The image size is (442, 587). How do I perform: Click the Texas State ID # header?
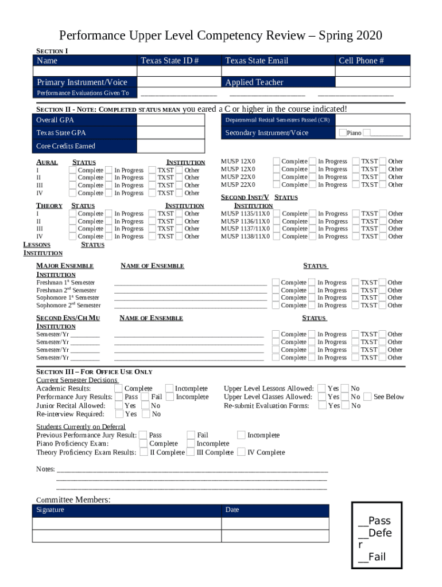pos(169,61)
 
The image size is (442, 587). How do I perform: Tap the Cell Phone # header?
pos(361,61)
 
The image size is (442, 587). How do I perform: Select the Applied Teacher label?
pos(254,83)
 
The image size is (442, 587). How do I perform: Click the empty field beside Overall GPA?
pos(179,120)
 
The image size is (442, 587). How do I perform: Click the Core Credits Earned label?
pos(66,146)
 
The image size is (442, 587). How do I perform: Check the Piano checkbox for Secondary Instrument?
pos(343,133)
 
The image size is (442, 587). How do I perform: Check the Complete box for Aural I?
pos(72,170)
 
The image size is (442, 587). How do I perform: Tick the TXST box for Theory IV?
pos(153,236)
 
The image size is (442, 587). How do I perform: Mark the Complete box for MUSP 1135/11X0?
pos(276,214)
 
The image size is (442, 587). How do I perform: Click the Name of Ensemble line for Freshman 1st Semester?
pos(190,283)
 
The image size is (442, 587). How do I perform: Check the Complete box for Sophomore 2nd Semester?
pos(276,306)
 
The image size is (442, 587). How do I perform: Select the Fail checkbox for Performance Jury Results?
pos(146,397)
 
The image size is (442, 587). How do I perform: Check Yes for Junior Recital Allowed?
pos(119,405)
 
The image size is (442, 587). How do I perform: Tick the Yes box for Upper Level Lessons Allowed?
pos(321,389)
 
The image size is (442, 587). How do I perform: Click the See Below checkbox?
pos(367,397)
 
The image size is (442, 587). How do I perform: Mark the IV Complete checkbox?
pos(242,452)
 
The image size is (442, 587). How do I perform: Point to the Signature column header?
pos(51,510)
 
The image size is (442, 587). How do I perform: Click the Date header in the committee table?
pos(232,510)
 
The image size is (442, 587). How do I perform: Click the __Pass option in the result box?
pos(374,521)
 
